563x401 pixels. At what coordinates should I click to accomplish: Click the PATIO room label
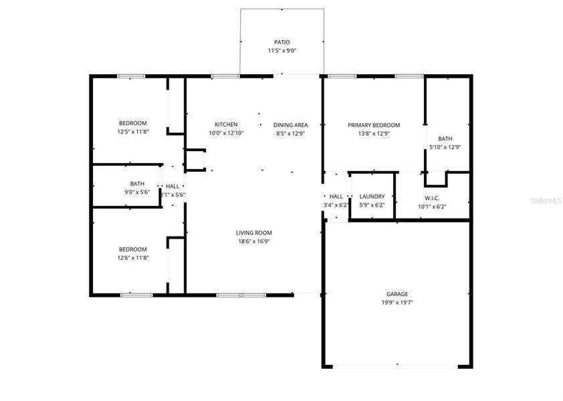pyautogui.click(x=282, y=42)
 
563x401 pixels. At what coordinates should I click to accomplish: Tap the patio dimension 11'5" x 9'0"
pyautogui.click(x=282, y=51)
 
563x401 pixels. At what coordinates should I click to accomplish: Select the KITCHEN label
pyautogui.click(x=226, y=125)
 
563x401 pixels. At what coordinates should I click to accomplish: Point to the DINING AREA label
pyautogui.click(x=290, y=125)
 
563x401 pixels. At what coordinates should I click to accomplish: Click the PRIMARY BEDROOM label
pyautogui.click(x=374, y=125)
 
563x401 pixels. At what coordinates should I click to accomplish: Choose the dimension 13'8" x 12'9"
pyautogui.click(x=374, y=134)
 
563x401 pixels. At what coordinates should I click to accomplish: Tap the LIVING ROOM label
pyautogui.click(x=254, y=233)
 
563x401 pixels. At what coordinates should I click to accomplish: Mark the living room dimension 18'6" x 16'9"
pyautogui.click(x=254, y=241)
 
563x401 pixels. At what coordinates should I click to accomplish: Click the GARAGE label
pyautogui.click(x=397, y=294)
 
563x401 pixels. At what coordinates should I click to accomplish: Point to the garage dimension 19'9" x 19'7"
pyautogui.click(x=397, y=303)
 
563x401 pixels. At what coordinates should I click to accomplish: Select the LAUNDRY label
pyautogui.click(x=372, y=196)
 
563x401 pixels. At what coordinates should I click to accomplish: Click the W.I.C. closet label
pyautogui.click(x=431, y=198)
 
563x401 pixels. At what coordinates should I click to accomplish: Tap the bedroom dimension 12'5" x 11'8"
pyautogui.click(x=132, y=132)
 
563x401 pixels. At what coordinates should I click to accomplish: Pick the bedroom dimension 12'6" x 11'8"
pyautogui.click(x=132, y=257)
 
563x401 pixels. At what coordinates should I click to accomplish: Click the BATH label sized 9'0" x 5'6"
pyautogui.click(x=137, y=184)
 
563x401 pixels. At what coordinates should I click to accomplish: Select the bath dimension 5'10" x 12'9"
pyautogui.click(x=445, y=148)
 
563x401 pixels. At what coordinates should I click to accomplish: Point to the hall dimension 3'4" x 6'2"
pyautogui.click(x=336, y=205)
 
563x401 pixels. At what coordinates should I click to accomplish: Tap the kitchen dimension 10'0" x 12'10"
pyautogui.click(x=226, y=134)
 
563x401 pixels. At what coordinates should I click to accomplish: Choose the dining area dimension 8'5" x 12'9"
pyautogui.click(x=290, y=134)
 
